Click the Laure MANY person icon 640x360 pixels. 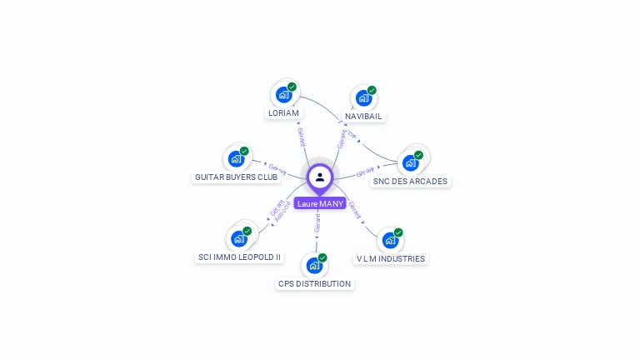pos(320,177)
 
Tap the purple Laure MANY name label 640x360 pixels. pos(320,203)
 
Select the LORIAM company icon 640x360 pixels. pos(283,94)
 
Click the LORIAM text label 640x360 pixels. pos(283,112)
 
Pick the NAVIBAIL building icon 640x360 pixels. pos(362,97)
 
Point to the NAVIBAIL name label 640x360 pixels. pos(363,116)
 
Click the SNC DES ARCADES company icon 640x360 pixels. pos(409,162)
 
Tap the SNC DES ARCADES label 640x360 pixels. pos(410,181)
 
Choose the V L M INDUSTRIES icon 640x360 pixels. pos(389,240)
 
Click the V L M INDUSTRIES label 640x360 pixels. pos(391,258)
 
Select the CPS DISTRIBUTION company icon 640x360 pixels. pos(313,265)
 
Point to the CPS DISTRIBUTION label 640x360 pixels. pos(314,283)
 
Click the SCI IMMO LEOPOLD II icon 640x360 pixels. pos(238,238)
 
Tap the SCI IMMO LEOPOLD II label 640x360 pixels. pos(239,257)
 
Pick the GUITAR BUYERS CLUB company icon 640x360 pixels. pos(236,158)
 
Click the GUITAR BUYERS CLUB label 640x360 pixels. pos(236,177)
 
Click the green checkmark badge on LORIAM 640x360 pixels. pos(292,87)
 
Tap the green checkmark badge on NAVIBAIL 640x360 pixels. pos(372,90)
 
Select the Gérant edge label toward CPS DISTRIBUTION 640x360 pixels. pos(317,223)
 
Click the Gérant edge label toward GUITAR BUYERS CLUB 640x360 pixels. pos(277,167)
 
